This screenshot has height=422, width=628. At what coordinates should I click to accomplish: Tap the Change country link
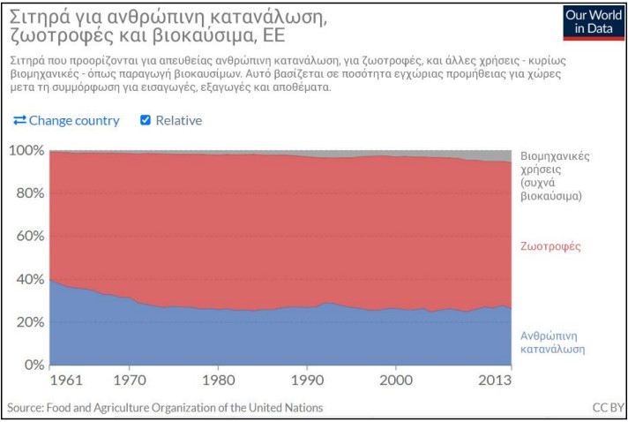tap(67, 120)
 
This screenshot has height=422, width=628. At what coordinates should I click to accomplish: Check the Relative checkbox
tap(146, 120)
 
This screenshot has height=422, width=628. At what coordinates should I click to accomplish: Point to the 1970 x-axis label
tap(130, 381)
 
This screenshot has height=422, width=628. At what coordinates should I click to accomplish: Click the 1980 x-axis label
tap(218, 381)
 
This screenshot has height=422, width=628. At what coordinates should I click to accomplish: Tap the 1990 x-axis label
tap(306, 381)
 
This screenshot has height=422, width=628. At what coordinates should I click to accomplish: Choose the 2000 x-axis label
tap(395, 381)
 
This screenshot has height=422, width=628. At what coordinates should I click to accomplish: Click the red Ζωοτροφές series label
tap(551, 246)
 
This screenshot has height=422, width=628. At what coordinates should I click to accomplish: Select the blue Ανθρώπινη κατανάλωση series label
tap(553, 343)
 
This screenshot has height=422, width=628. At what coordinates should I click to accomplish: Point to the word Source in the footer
tap(26, 408)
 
